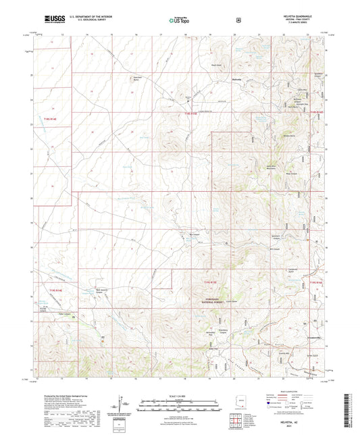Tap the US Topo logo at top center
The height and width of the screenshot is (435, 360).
(x=180, y=20)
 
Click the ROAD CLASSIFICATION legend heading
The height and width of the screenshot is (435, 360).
(x=298, y=392)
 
